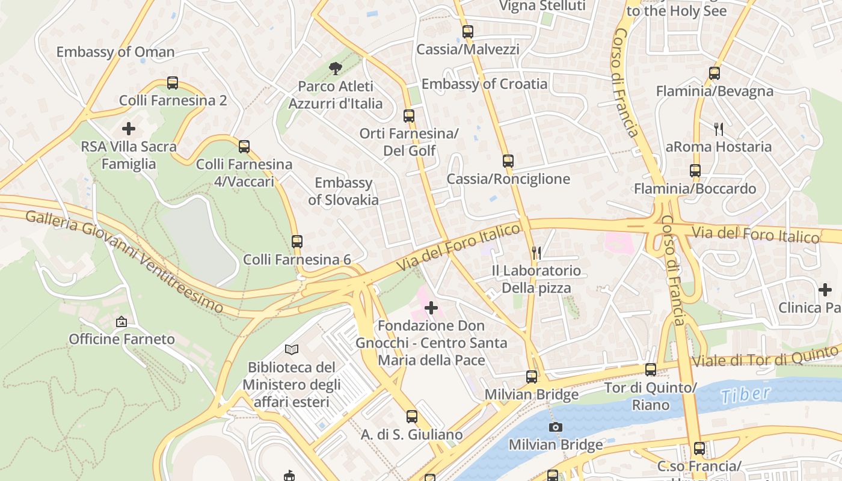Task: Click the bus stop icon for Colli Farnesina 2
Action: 173,82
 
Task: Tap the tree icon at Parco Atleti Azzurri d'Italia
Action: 335,69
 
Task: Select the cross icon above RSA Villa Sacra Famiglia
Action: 128,128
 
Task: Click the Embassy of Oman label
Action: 115,52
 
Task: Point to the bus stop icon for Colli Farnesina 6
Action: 297,241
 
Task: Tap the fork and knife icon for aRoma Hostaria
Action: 718,129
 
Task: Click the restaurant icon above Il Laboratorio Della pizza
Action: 536,253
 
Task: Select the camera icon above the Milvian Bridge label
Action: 556,427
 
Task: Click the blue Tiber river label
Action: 745,395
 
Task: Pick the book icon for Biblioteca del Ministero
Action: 292,349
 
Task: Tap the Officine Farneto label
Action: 122,339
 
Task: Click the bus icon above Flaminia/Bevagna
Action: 714,73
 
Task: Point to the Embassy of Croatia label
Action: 484,84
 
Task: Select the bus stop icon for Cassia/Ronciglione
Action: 508,161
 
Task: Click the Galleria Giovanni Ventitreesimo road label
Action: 124,260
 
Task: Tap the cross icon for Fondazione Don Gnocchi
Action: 431,308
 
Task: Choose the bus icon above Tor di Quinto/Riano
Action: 651,369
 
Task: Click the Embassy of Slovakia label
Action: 343,191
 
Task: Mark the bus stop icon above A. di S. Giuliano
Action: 411,416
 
